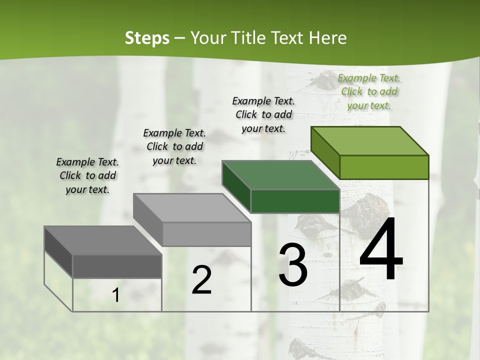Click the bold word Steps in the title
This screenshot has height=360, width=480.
(x=147, y=38)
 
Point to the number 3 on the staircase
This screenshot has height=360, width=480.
(x=293, y=265)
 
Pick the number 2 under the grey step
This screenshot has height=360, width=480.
(x=201, y=281)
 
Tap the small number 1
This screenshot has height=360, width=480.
(x=115, y=295)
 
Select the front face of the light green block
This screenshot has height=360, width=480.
(x=384, y=167)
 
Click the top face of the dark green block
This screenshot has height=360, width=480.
(x=280, y=175)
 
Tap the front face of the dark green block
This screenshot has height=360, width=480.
(x=295, y=201)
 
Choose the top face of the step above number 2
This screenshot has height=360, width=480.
(x=191, y=207)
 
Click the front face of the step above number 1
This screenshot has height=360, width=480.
(x=117, y=266)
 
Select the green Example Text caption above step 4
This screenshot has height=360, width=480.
(x=369, y=91)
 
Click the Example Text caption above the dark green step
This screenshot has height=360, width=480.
(x=263, y=114)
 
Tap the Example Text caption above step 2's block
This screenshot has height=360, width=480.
(x=174, y=146)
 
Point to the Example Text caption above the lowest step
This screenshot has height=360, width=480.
(x=87, y=175)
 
